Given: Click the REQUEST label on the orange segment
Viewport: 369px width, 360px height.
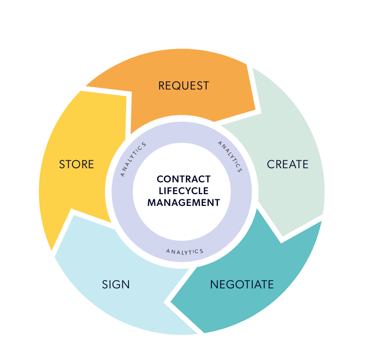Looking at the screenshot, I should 184,86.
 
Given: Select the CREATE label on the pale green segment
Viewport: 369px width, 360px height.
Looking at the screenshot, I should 288,164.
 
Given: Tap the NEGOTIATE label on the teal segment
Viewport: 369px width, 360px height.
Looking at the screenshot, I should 241,285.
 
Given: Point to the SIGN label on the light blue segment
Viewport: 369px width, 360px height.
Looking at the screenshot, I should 116,285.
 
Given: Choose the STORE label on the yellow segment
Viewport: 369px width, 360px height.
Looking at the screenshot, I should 76,164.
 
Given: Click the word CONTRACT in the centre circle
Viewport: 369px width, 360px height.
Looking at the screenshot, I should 184,180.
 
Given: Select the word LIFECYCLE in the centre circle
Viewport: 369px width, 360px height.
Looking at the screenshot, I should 184,191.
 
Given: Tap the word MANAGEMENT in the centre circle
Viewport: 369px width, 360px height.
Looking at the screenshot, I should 184,203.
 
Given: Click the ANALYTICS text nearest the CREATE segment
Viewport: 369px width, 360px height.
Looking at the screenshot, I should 230,156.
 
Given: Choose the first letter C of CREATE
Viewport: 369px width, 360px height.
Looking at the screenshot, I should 271,164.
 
